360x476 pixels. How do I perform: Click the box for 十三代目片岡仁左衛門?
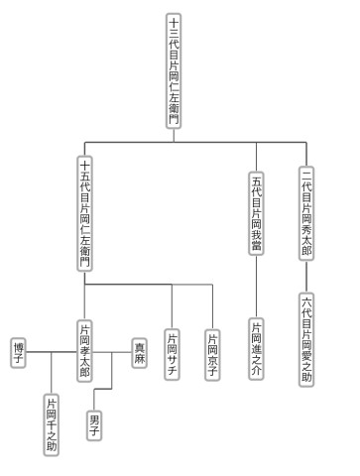click(x=174, y=70)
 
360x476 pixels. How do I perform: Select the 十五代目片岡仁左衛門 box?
click(x=84, y=213)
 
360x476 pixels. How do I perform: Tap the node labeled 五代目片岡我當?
click(x=256, y=213)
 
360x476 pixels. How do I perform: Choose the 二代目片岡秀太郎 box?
click(x=306, y=213)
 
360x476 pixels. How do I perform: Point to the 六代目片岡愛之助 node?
click(x=306, y=339)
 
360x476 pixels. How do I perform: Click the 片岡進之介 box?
click(x=256, y=349)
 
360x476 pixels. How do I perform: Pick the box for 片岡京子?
click(x=212, y=355)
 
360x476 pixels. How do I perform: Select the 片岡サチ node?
click(x=172, y=354)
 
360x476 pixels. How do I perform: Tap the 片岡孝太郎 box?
click(x=84, y=351)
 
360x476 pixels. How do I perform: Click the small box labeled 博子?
click(x=18, y=353)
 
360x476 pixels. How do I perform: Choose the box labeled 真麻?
click(x=140, y=353)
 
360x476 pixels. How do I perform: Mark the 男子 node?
click(x=94, y=425)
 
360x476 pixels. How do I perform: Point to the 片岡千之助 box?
click(x=52, y=424)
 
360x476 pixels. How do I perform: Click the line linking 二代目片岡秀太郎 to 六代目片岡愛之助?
click(x=306, y=277)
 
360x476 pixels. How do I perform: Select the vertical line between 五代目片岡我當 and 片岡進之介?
click(x=256, y=287)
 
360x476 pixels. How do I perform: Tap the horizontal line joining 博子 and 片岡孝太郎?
click(x=52, y=352)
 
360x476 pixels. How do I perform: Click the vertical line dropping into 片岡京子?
click(x=212, y=306)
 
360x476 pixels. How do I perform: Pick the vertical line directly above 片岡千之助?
click(x=52, y=373)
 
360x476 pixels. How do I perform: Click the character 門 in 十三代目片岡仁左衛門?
click(x=174, y=119)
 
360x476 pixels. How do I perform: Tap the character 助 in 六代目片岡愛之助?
click(x=306, y=377)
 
